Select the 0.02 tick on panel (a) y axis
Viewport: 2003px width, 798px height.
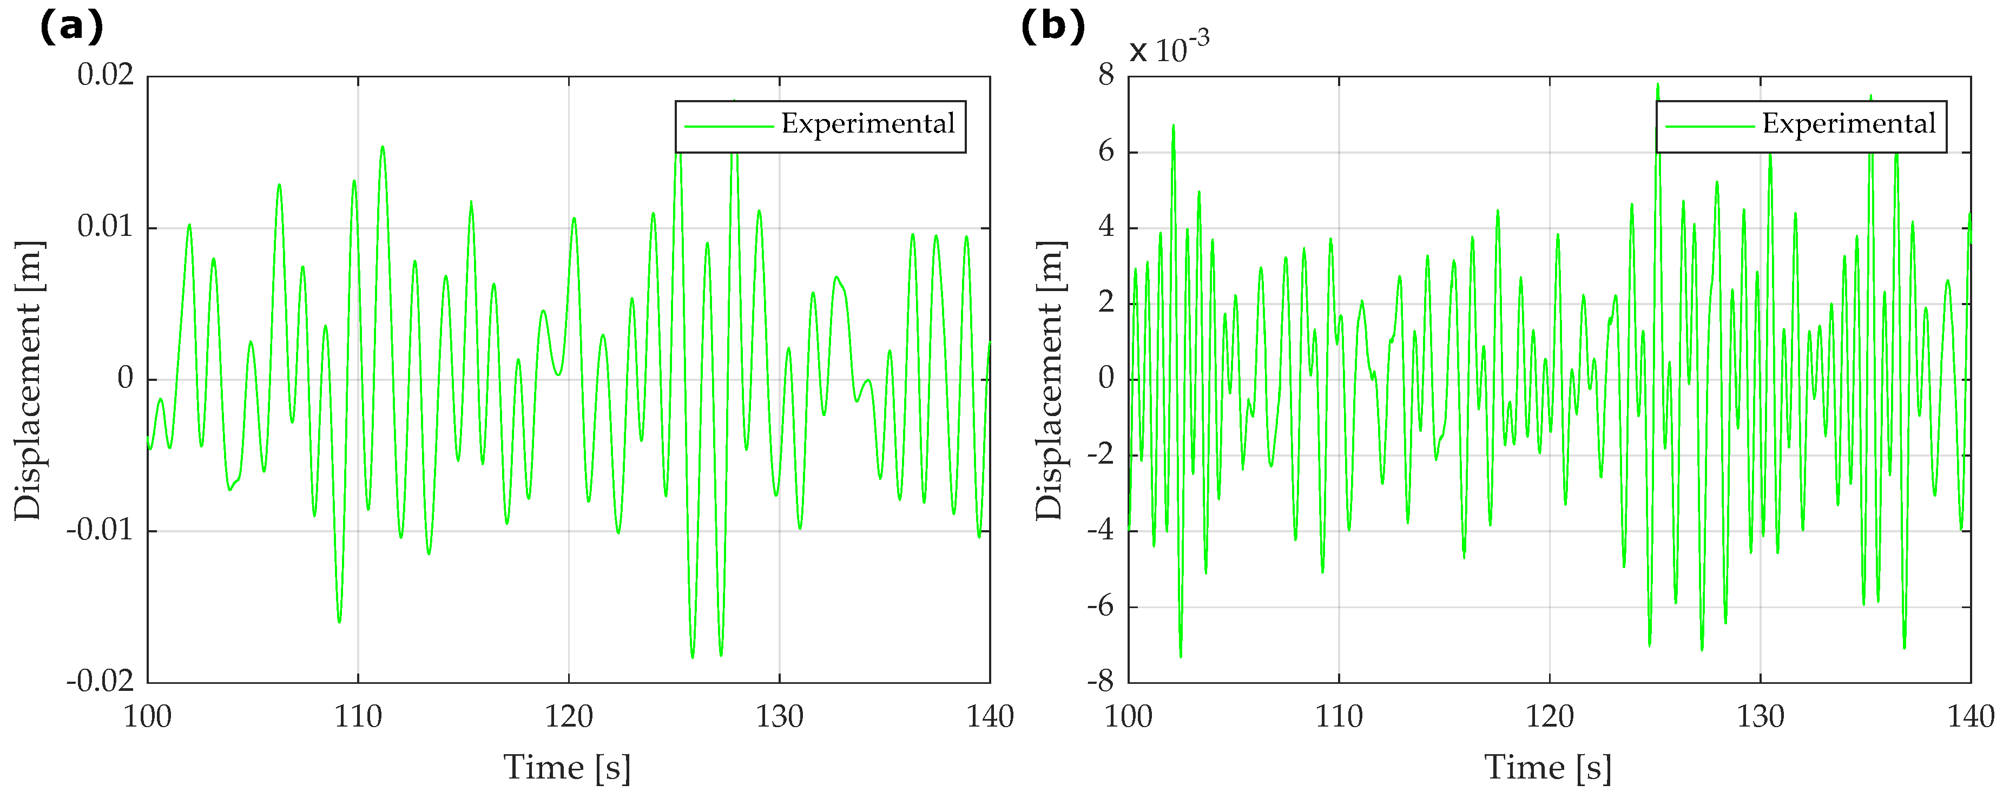pyautogui.click(x=105, y=75)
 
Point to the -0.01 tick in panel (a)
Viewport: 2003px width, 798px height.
pyautogui.click(x=100, y=531)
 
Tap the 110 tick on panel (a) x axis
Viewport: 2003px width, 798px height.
pyautogui.click(x=358, y=716)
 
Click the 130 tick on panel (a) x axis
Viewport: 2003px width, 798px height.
pyautogui.click(x=779, y=716)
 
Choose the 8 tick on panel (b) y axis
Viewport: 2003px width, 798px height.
pyautogui.click(x=1106, y=75)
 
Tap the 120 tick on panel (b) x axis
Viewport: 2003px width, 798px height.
pyautogui.click(x=1549, y=716)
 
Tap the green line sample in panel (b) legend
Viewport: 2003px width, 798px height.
pyautogui.click(x=1709, y=127)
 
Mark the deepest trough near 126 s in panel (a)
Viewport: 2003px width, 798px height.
pyautogui.click(x=693, y=658)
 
